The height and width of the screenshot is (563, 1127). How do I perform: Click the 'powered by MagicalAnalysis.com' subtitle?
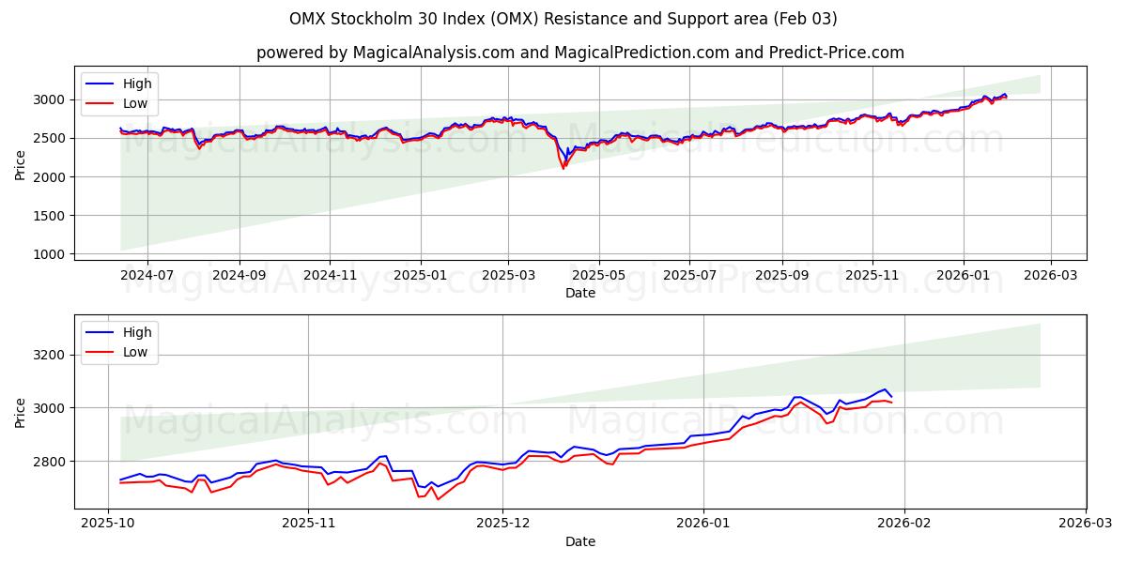(579, 53)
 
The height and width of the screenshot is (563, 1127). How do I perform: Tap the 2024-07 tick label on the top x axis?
(147, 276)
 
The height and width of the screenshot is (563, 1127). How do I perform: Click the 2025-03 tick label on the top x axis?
(508, 276)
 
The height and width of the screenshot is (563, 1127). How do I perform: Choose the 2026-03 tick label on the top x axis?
(1050, 276)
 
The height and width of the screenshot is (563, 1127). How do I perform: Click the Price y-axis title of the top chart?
(21, 164)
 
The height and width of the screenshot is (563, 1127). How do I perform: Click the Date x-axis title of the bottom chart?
(579, 541)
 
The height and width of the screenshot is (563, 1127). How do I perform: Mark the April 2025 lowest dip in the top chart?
(563, 168)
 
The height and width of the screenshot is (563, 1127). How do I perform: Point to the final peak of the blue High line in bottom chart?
(884, 389)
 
